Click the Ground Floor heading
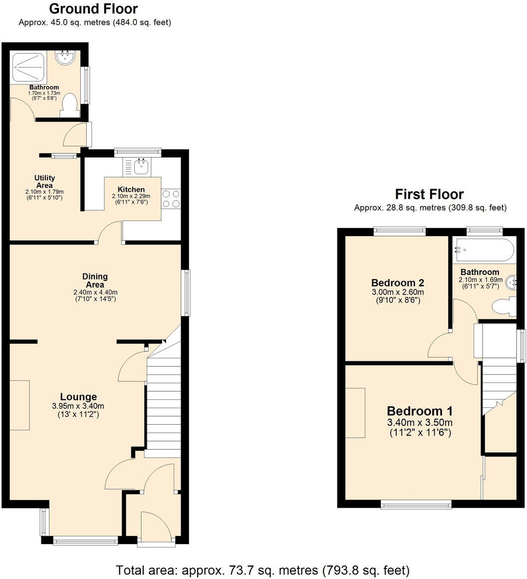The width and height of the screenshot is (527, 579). click(94, 9)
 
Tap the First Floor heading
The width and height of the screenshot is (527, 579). click(429, 194)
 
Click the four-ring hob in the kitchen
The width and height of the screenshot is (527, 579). click(171, 199)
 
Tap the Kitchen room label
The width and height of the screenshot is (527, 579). click(131, 190)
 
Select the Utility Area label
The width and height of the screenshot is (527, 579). click(44, 182)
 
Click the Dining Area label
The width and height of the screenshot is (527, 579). click(95, 281)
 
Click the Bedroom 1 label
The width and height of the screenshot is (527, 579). click(420, 411)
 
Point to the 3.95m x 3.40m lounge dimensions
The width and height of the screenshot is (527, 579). click(78, 406)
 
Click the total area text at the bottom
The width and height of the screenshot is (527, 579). click(263, 570)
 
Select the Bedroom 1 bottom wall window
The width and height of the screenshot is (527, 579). click(416, 505)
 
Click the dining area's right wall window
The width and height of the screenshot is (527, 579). click(186, 292)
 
